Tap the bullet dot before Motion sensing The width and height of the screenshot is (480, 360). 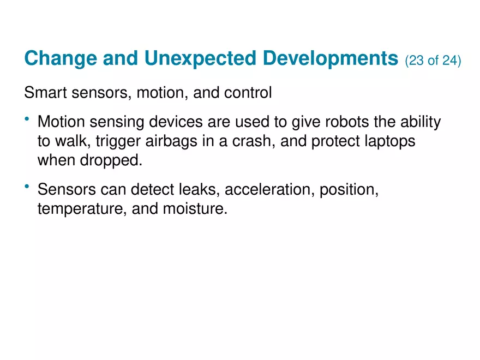[x=27, y=119]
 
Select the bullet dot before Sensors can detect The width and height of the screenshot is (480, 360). [x=27, y=187]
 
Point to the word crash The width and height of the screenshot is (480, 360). [x=266, y=142]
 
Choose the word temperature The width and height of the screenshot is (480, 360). [x=82, y=210]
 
